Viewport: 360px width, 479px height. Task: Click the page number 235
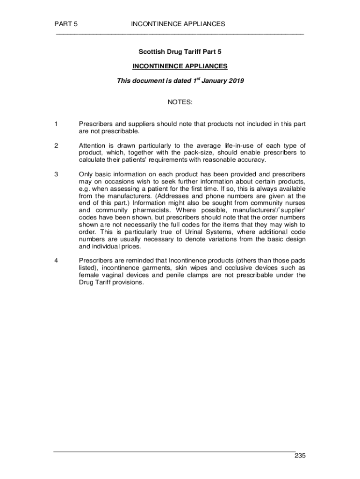click(x=300, y=456)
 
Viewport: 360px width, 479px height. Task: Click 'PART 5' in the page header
click(x=66, y=24)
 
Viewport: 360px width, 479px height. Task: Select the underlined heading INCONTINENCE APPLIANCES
click(x=180, y=66)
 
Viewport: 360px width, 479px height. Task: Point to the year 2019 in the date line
click(x=236, y=81)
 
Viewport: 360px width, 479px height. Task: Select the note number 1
click(x=56, y=124)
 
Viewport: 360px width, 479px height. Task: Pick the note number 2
click(x=56, y=145)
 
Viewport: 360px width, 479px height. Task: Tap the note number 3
click(x=56, y=174)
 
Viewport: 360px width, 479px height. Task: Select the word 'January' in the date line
click(x=214, y=81)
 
